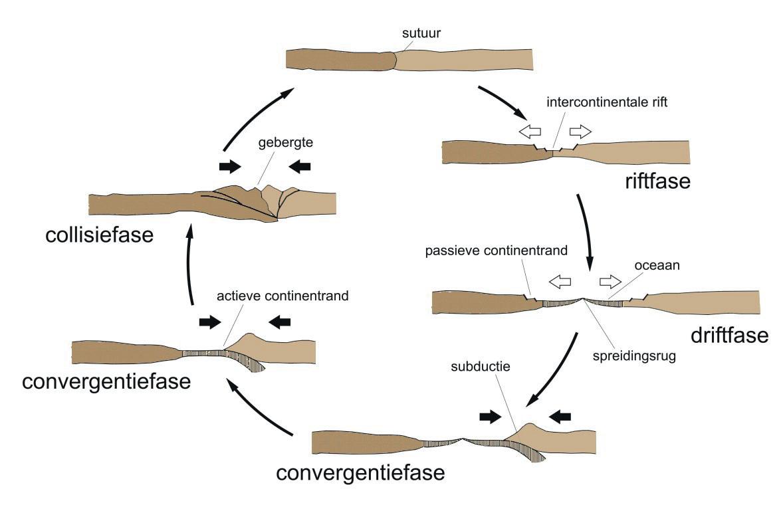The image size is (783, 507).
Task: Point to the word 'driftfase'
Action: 728,334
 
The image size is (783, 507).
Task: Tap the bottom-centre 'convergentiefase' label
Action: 360,473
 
